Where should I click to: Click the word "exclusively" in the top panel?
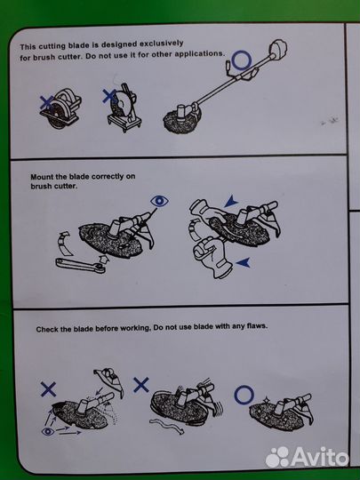(161, 44)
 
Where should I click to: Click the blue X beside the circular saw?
(46, 102)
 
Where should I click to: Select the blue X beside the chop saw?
(109, 96)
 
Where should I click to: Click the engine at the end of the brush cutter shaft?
(278, 48)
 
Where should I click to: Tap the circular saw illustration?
(61, 108)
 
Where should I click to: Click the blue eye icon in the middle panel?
(159, 201)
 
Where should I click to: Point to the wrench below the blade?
(81, 265)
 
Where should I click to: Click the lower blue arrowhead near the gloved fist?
(244, 262)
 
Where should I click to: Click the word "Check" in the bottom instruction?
(45, 330)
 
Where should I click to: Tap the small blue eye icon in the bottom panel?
(48, 432)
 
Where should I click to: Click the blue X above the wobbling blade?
(141, 385)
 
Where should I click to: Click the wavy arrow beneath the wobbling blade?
(167, 426)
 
